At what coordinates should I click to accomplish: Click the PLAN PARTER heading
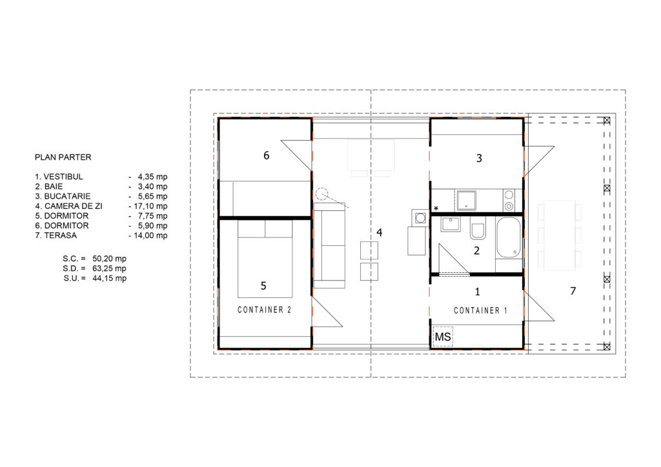click(x=63, y=157)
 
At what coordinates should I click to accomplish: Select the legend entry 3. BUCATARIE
click(x=63, y=196)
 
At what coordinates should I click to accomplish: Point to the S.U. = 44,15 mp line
click(x=95, y=279)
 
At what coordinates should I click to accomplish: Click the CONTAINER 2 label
click(x=264, y=310)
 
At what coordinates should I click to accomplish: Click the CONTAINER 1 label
click(x=480, y=311)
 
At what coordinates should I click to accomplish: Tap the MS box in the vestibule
click(x=443, y=337)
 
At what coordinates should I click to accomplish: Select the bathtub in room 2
click(x=509, y=237)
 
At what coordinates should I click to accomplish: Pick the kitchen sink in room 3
click(x=467, y=201)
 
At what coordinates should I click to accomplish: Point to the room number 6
click(x=267, y=155)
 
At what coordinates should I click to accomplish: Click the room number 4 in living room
click(x=380, y=232)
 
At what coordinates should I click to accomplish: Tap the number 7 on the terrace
click(x=573, y=290)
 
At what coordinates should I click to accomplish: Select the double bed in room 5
click(x=265, y=259)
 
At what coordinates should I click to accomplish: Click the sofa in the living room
click(x=329, y=245)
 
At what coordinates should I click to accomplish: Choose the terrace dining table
click(x=560, y=236)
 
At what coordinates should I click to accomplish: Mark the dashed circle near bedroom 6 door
click(x=321, y=194)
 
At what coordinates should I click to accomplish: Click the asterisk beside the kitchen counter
click(x=436, y=208)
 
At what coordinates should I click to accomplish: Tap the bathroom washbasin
click(x=451, y=224)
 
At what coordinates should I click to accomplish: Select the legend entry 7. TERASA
click(x=56, y=235)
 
